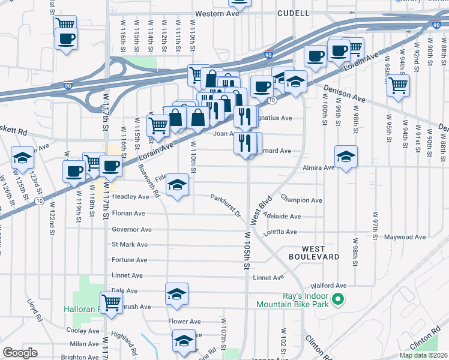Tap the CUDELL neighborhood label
(294, 13)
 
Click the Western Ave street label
(215, 13)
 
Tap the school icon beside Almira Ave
(346, 157)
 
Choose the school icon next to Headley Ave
(177, 185)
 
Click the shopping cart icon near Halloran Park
(112, 302)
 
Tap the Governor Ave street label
(132, 229)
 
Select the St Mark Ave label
(130, 245)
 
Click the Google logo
(20, 353)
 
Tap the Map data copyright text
(423, 355)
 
